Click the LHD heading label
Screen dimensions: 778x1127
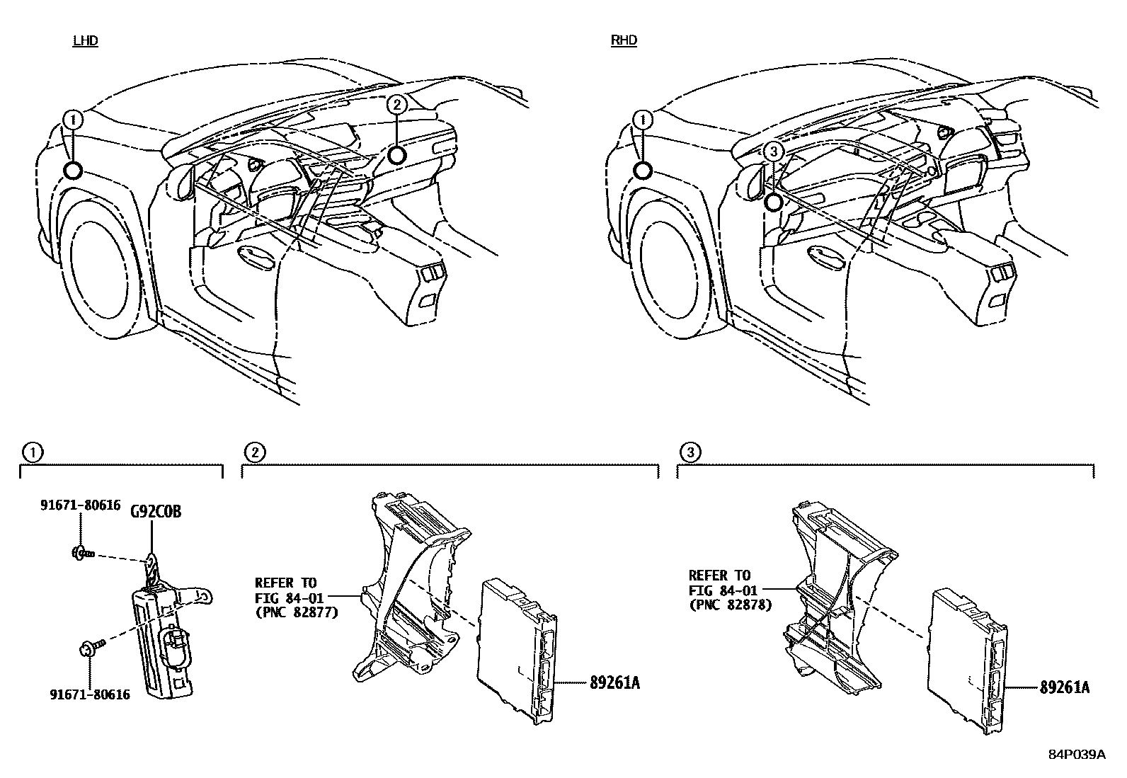click(85, 40)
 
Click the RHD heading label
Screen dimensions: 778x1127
click(624, 40)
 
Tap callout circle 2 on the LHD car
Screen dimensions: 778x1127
click(397, 105)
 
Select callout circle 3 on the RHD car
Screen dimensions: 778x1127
click(774, 151)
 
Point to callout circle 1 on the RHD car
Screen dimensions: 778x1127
click(643, 120)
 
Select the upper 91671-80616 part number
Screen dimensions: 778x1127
click(80, 505)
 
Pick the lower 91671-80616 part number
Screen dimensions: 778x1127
click(90, 694)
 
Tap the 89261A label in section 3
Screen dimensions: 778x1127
click(1064, 687)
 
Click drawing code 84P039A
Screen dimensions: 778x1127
click(1077, 755)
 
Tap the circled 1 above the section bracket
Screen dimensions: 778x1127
click(32, 452)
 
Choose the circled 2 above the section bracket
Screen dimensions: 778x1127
click(254, 452)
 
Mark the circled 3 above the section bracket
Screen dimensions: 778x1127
click(690, 452)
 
